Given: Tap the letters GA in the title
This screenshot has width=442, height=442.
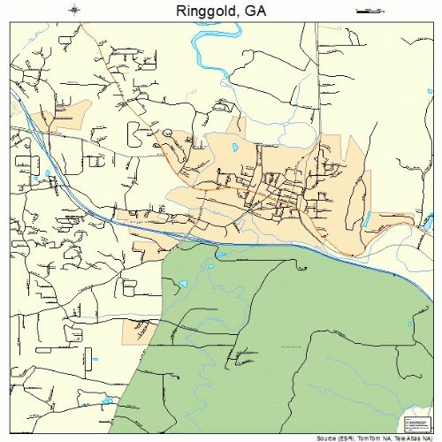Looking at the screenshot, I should (x=253, y=11).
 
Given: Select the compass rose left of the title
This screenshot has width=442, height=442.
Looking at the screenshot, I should (x=74, y=11).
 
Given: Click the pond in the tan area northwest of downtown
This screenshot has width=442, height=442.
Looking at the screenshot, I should (x=234, y=148).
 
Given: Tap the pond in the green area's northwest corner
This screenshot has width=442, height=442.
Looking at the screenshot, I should (x=183, y=283).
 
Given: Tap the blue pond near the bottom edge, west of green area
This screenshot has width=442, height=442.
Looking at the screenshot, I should (x=108, y=400).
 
